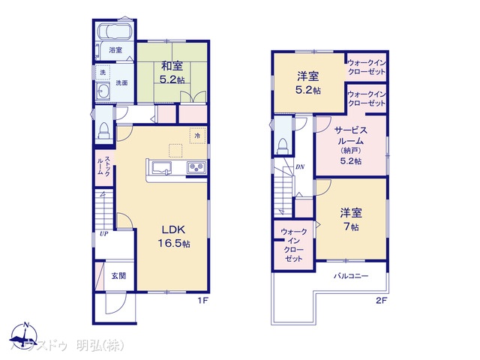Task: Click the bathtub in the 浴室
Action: pos(115,33)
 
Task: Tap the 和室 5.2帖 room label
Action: pos(166,71)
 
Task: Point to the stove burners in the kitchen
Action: pos(196,166)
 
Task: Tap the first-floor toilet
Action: pos(103,128)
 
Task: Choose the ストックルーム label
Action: pos(104,166)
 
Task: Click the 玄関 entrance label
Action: pos(118,275)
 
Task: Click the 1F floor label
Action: pos(202,300)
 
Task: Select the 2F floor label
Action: pos(380,300)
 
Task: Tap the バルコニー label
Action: pos(351,276)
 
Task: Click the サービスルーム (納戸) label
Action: pos(351,142)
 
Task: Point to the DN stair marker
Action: pos(299,166)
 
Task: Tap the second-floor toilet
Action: pos(282,142)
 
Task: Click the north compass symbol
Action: pos(25,333)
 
